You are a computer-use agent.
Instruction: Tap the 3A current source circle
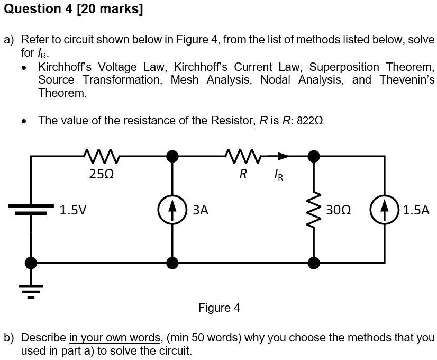172,210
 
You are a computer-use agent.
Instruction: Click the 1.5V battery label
74,210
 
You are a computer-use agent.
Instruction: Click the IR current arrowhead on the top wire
284,156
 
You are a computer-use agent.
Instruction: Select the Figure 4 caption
218,308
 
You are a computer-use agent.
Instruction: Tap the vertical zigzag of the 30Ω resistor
314,210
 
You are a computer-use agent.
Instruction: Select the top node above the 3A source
172,156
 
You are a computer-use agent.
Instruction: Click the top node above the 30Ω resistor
314,156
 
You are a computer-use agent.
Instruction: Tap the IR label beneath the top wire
278,174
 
